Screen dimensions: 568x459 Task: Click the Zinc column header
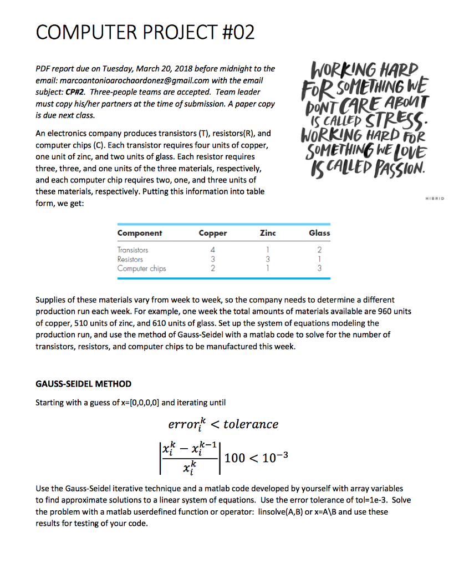pos(267,233)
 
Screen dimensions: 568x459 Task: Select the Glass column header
pos(319,233)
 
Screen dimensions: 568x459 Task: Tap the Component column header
pos(140,233)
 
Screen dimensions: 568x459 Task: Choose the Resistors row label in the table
pos(130,259)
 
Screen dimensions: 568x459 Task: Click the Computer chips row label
pos(141,268)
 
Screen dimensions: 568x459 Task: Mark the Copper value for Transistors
pos(213,250)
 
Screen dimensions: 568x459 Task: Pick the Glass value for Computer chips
pos(319,268)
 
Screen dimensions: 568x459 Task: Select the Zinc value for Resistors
pos(267,259)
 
